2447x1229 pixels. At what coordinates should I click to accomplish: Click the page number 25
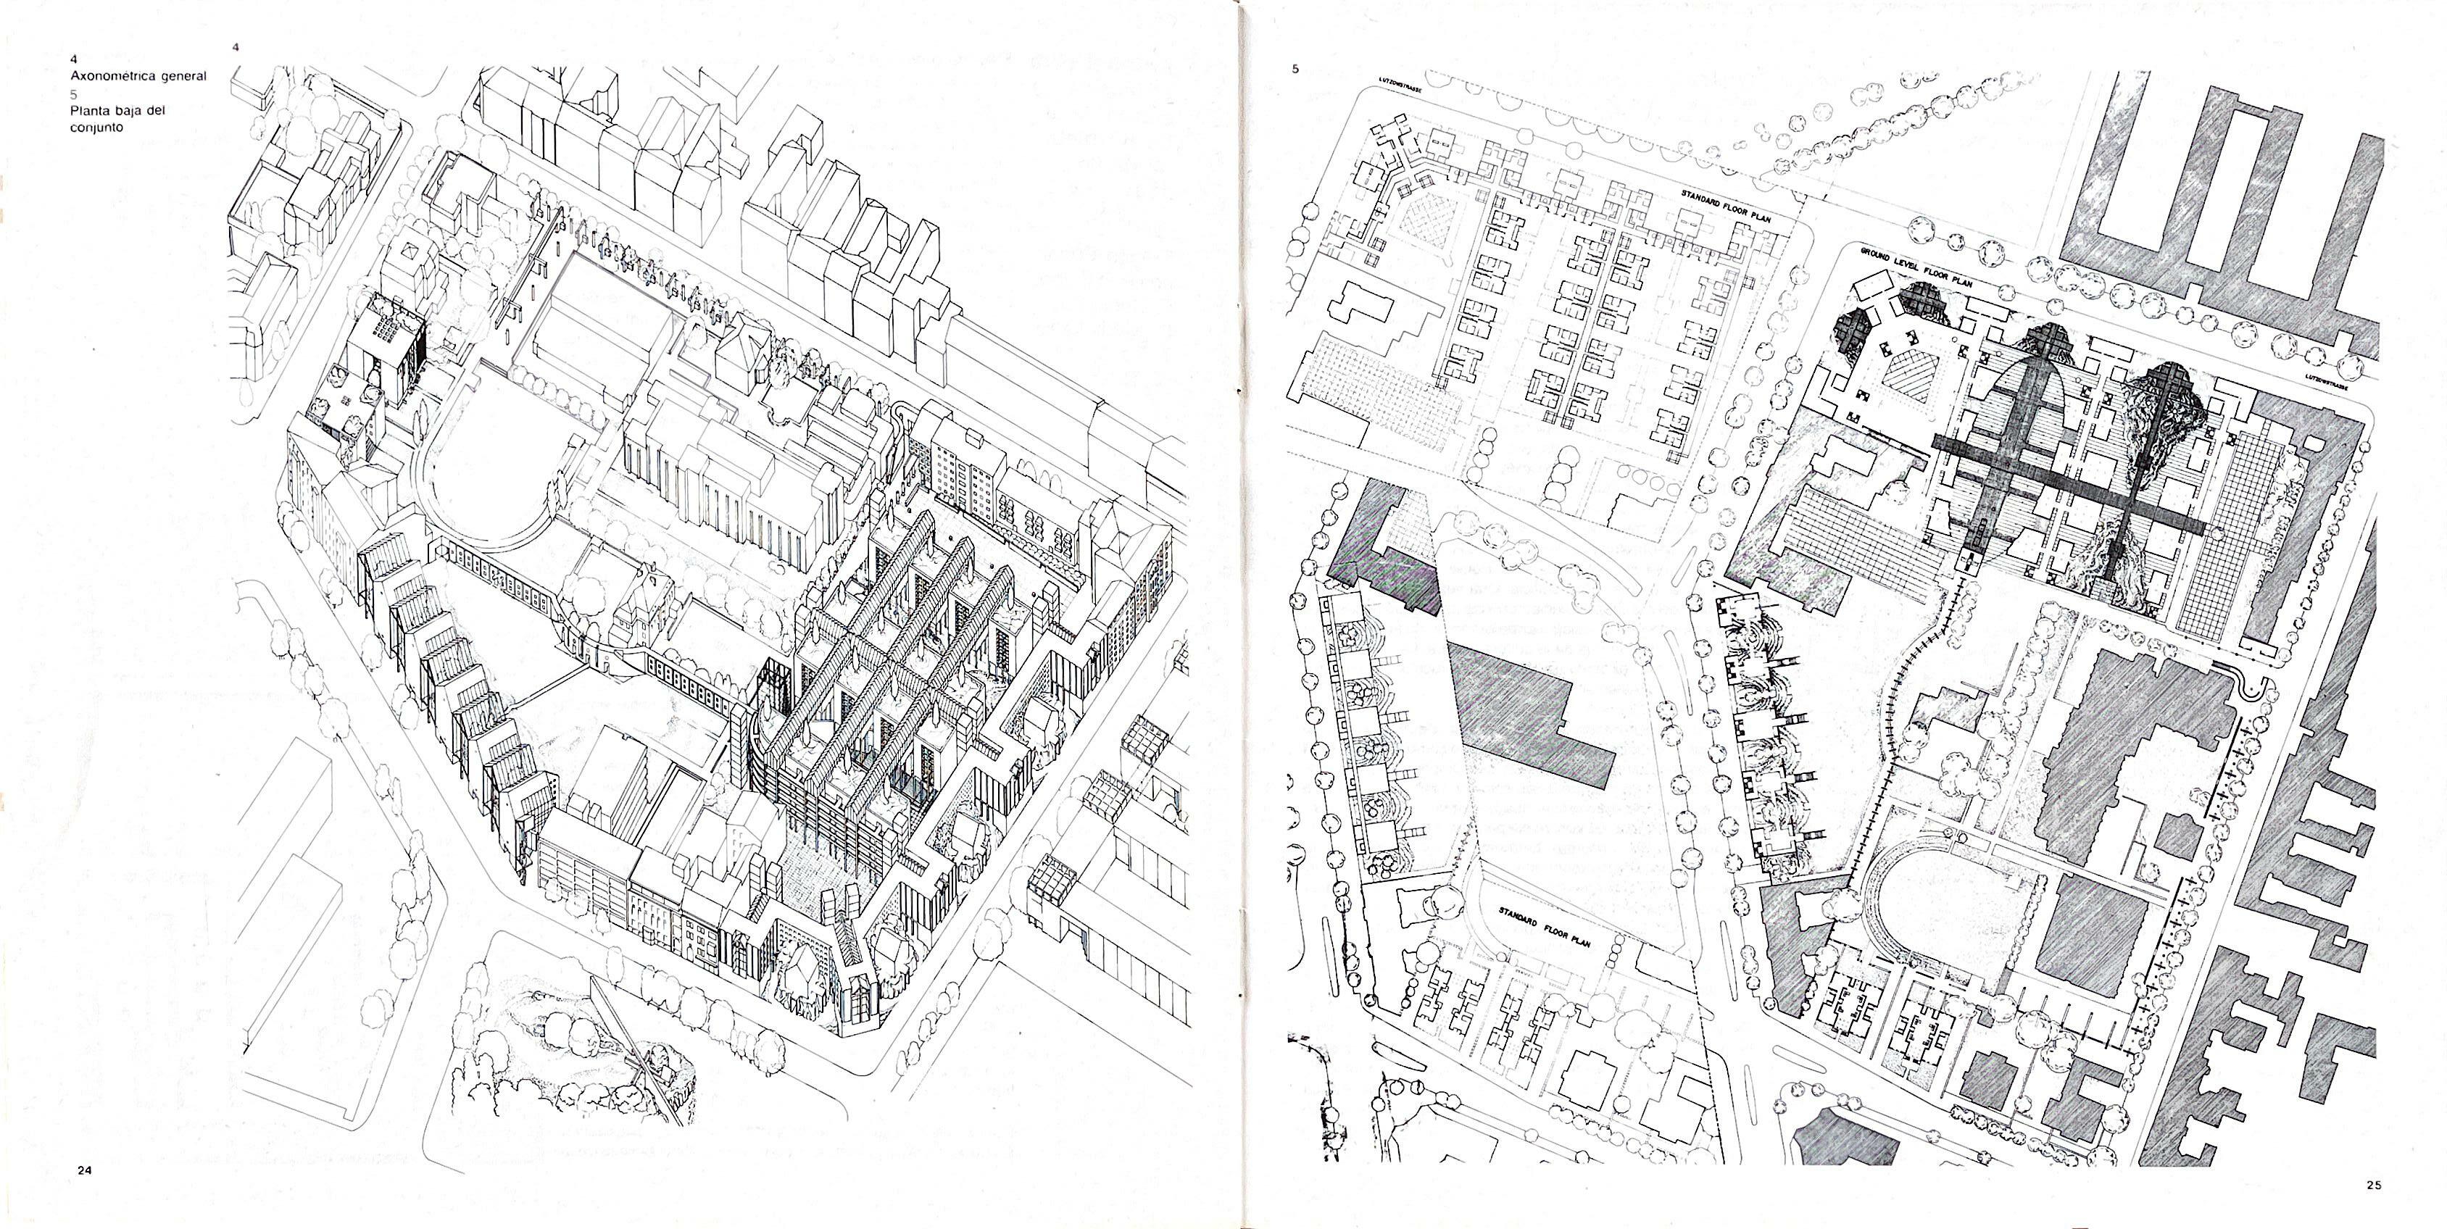point(2374,1183)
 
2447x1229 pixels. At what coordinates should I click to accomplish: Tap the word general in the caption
point(183,76)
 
